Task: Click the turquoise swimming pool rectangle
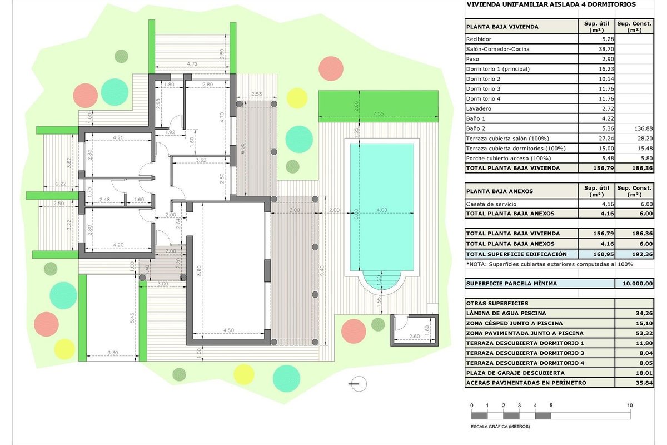pyautogui.click(x=382, y=207)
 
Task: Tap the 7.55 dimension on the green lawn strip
pyautogui.click(x=378, y=113)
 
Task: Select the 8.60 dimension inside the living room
pyautogui.click(x=199, y=271)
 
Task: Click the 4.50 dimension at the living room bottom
pyautogui.click(x=228, y=330)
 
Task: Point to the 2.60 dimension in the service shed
pyautogui.click(x=414, y=336)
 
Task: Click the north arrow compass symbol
pyautogui.click(x=358, y=384)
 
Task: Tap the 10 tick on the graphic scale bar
pyautogui.click(x=630, y=406)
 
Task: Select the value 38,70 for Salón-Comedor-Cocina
pyautogui.click(x=606, y=49)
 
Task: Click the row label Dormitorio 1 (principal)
pyautogui.click(x=498, y=69)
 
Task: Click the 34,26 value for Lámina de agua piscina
pyautogui.click(x=644, y=313)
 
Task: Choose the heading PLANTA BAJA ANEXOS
pyautogui.click(x=499, y=191)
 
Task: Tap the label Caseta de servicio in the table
pyautogui.click(x=491, y=204)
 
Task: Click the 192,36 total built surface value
pyautogui.click(x=643, y=254)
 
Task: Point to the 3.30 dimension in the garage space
pyautogui.click(x=112, y=353)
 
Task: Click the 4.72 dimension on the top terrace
pyautogui.click(x=192, y=63)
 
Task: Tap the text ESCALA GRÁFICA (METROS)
pyautogui.click(x=500, y=427)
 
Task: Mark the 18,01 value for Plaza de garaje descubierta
pyautogui.click(x=644, y=373)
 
